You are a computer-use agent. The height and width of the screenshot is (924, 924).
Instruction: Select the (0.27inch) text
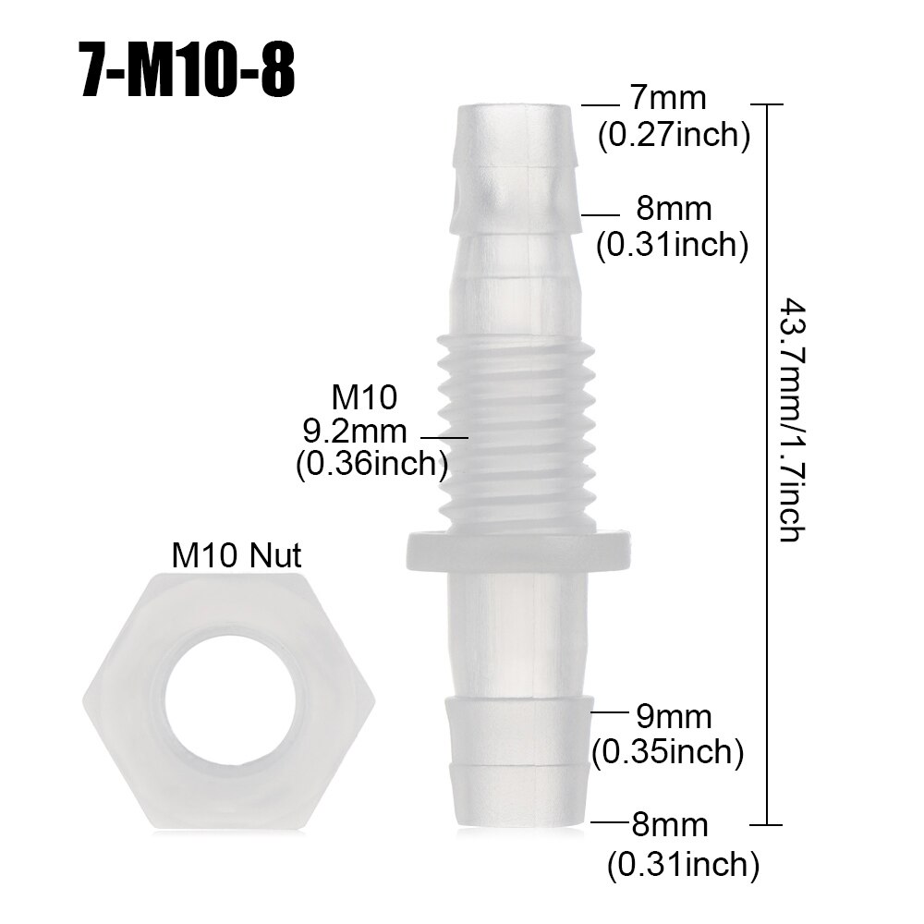[673, 135]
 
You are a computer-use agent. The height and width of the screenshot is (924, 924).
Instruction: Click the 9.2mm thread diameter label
[355, 430]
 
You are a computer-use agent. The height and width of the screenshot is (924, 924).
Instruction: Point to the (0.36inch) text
[371, 464]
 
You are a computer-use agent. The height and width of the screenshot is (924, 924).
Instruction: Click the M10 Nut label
[237, 555]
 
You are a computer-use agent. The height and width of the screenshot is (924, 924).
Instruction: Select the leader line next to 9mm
[610, 712]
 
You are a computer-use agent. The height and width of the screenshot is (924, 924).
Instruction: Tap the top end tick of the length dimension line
[769, 105]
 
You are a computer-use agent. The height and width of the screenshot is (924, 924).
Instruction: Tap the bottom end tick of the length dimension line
[769, 824]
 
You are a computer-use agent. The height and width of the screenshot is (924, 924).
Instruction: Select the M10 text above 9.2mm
[364, 397]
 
